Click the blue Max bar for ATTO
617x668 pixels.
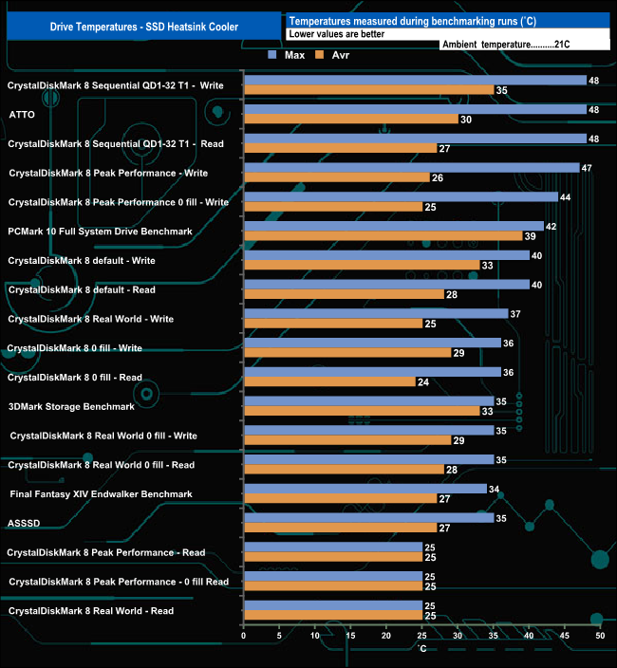pyautogui.click(x=415, y=109)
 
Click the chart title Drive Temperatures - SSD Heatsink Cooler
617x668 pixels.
pyautogui.click(x=143, y=27)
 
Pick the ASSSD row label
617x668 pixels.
pyautogui.click(x=24, y=523)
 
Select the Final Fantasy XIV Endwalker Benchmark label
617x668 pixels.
pyautogui.click(x=101, y=493)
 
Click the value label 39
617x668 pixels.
pyautogui.click(x=531, y=236)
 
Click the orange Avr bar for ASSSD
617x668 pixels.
pyautogui.click(x=340, y=528)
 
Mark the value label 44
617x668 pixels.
pyautogui.click(x=567, y=196)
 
